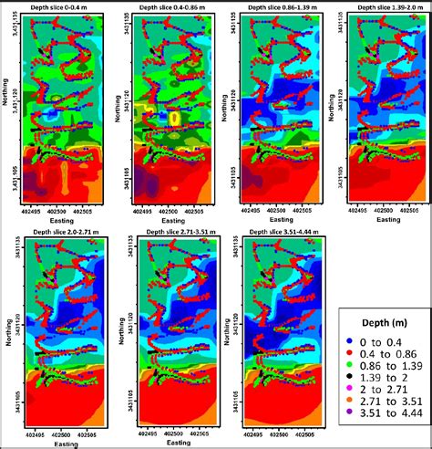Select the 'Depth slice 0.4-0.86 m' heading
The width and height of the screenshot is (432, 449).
[x=170, y=6]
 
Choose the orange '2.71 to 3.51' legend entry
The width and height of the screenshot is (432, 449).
[x=378, y=406]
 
